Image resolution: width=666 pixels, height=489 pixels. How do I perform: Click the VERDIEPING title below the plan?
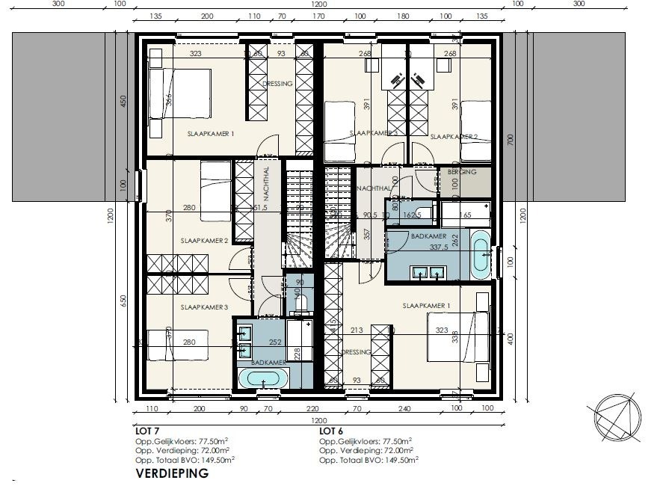[173, 473]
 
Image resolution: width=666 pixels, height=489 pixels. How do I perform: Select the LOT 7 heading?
[147, 431]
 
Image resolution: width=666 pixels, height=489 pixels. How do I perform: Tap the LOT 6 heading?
[331, 431]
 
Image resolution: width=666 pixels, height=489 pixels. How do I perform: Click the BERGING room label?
[462, 172]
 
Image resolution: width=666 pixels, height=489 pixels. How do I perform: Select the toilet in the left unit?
[302, 302]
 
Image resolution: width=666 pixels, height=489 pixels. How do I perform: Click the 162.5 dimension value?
[413, 215]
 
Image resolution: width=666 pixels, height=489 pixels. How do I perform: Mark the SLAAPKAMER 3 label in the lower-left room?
[204, 307]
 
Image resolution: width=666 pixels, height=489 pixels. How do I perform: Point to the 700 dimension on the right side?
[510, 139]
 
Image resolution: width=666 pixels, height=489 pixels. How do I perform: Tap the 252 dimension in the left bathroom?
[275, 342]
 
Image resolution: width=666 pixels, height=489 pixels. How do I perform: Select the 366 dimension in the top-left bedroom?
[170, 99]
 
